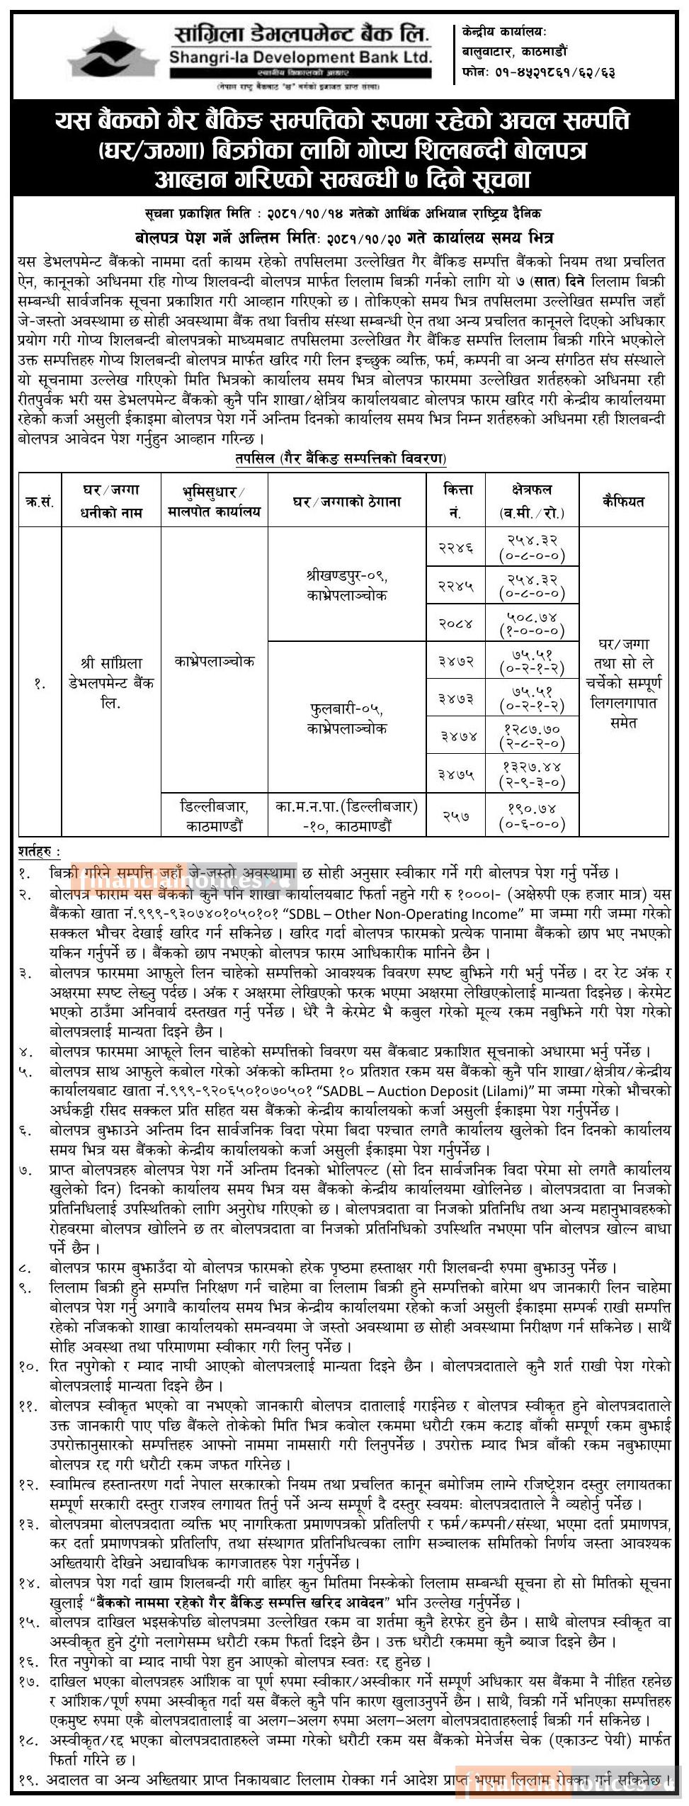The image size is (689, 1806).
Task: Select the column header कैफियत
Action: [x=623, y=501]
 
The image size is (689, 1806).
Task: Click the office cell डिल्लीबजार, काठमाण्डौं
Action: [x=215, y=815]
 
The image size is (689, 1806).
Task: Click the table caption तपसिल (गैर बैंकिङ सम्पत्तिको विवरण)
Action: [x=342, y=458]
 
